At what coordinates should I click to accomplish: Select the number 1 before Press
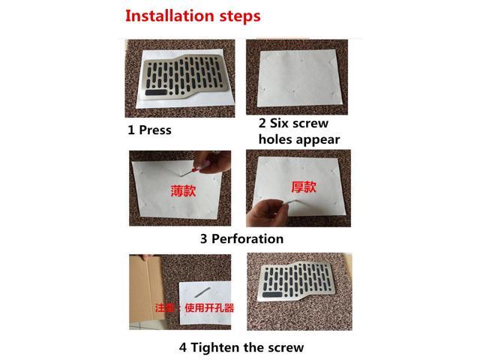[131, 130]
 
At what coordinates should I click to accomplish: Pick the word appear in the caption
[318, 140]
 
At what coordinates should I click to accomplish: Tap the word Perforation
[247, 239]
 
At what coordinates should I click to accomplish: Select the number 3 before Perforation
[204, 239]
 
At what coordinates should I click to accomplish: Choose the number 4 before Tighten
[183, 347]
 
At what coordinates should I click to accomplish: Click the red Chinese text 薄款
[183, 190]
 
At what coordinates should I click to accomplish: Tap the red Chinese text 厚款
[303, 186]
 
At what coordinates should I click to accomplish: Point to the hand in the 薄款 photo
[203, 163]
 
